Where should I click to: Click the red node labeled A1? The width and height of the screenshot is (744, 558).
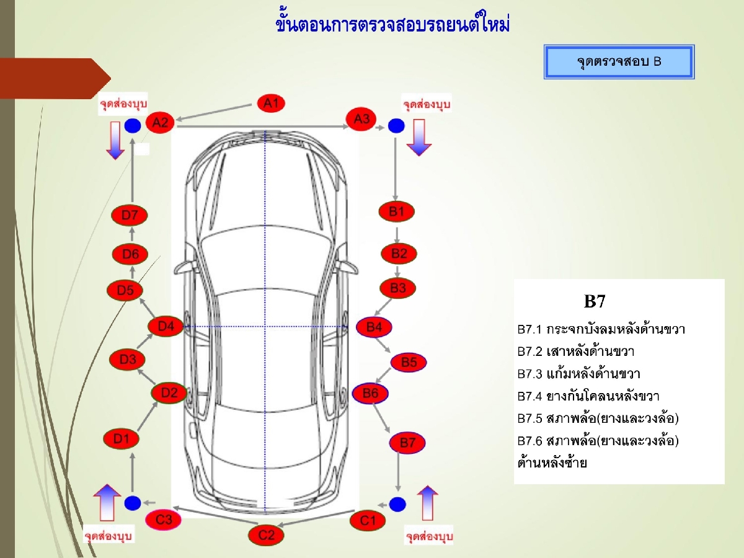click(271, 103)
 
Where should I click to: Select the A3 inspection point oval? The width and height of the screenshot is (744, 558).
click(361, 118)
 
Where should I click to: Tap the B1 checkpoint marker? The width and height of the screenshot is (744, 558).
click(396, 211)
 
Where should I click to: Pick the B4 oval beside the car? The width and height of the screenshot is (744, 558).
click(374, 327)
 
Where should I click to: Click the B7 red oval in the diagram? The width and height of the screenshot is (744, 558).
click(407, 443)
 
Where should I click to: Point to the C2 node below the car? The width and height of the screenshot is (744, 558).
click(266, 535)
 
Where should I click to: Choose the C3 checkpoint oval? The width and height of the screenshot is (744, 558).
click(164, 519)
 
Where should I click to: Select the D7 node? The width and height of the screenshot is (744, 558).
click(130, 215)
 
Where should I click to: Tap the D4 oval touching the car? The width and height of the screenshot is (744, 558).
click(166, 325)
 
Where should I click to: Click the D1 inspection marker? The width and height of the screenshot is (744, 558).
click(121, 439)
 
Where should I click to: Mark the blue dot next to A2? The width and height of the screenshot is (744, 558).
click(132, 126)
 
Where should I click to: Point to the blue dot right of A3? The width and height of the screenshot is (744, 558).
click(396, 126)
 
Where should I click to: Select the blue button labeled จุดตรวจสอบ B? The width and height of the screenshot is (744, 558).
click(619, 61)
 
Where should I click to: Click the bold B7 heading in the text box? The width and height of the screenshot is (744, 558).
click(594, 302)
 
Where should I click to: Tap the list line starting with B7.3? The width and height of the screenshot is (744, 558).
click(578, 374)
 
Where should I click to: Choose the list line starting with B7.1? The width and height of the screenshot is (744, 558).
click(601, 329)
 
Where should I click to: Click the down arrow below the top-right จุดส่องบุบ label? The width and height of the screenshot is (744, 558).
click(419, 138)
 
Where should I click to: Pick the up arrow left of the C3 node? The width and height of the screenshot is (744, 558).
click(108, 502)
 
